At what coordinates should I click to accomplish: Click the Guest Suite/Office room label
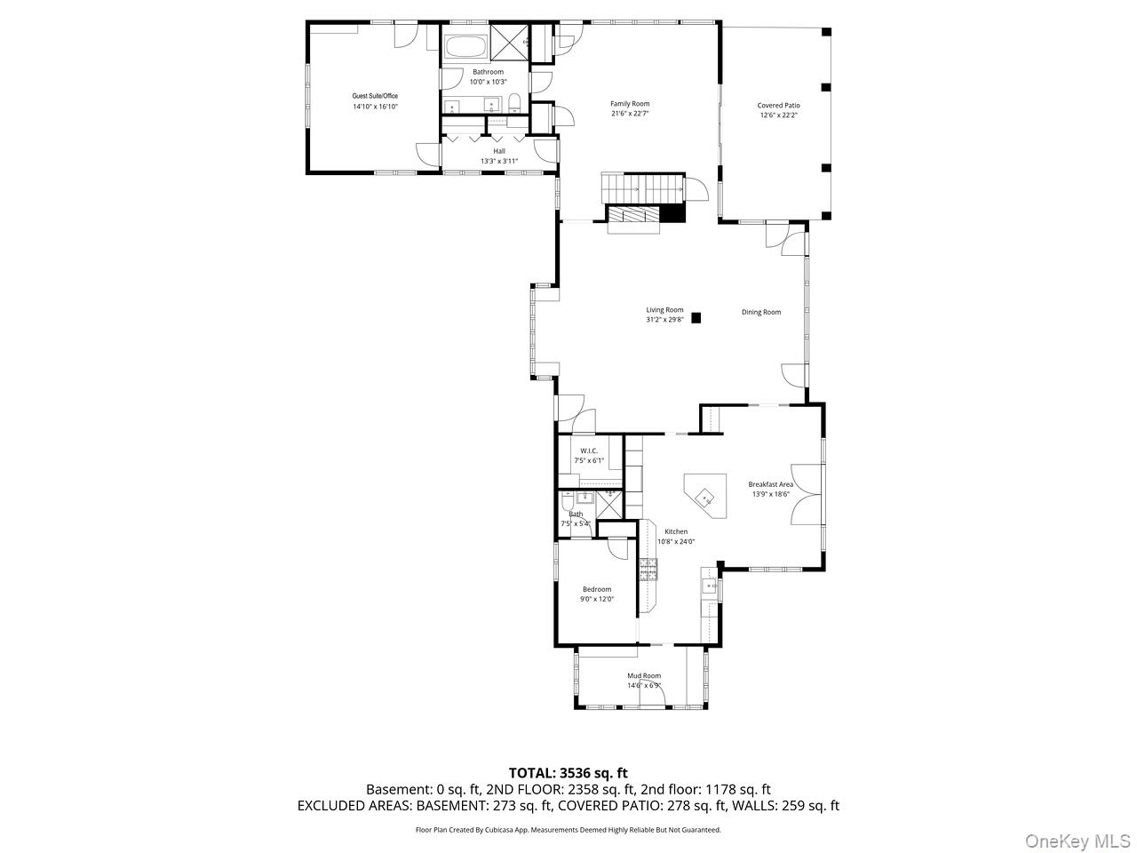[x=375, y=96]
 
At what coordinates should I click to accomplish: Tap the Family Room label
[x=630, y=104]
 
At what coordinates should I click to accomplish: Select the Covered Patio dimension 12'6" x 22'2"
[x=778, y=115]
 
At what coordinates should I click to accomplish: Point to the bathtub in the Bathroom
[x=465, y=47]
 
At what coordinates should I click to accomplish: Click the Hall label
[x=499, y=151]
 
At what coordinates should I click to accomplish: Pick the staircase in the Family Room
[x=641, y=187]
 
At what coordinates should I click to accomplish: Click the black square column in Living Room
[x=696, y=316]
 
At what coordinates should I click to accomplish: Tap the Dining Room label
[x=761, y=312]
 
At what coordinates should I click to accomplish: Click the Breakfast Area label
[x=770, y=484]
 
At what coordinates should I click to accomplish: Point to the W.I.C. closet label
[x=589, y=451]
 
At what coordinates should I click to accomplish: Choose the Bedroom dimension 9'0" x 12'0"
[x=597, y=599]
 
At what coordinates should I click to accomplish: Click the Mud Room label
[x=644, y=676]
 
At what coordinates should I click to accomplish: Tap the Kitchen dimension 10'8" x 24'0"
[x=676, y=541]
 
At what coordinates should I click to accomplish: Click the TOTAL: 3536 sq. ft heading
[x=568, y=773]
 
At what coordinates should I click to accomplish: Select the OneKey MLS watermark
[x=1077, y=841]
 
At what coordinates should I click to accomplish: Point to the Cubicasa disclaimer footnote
[x=568, y=830]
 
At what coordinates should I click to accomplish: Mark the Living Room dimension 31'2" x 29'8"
[x=664, y=319]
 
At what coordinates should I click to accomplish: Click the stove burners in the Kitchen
[x=648, y=569]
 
